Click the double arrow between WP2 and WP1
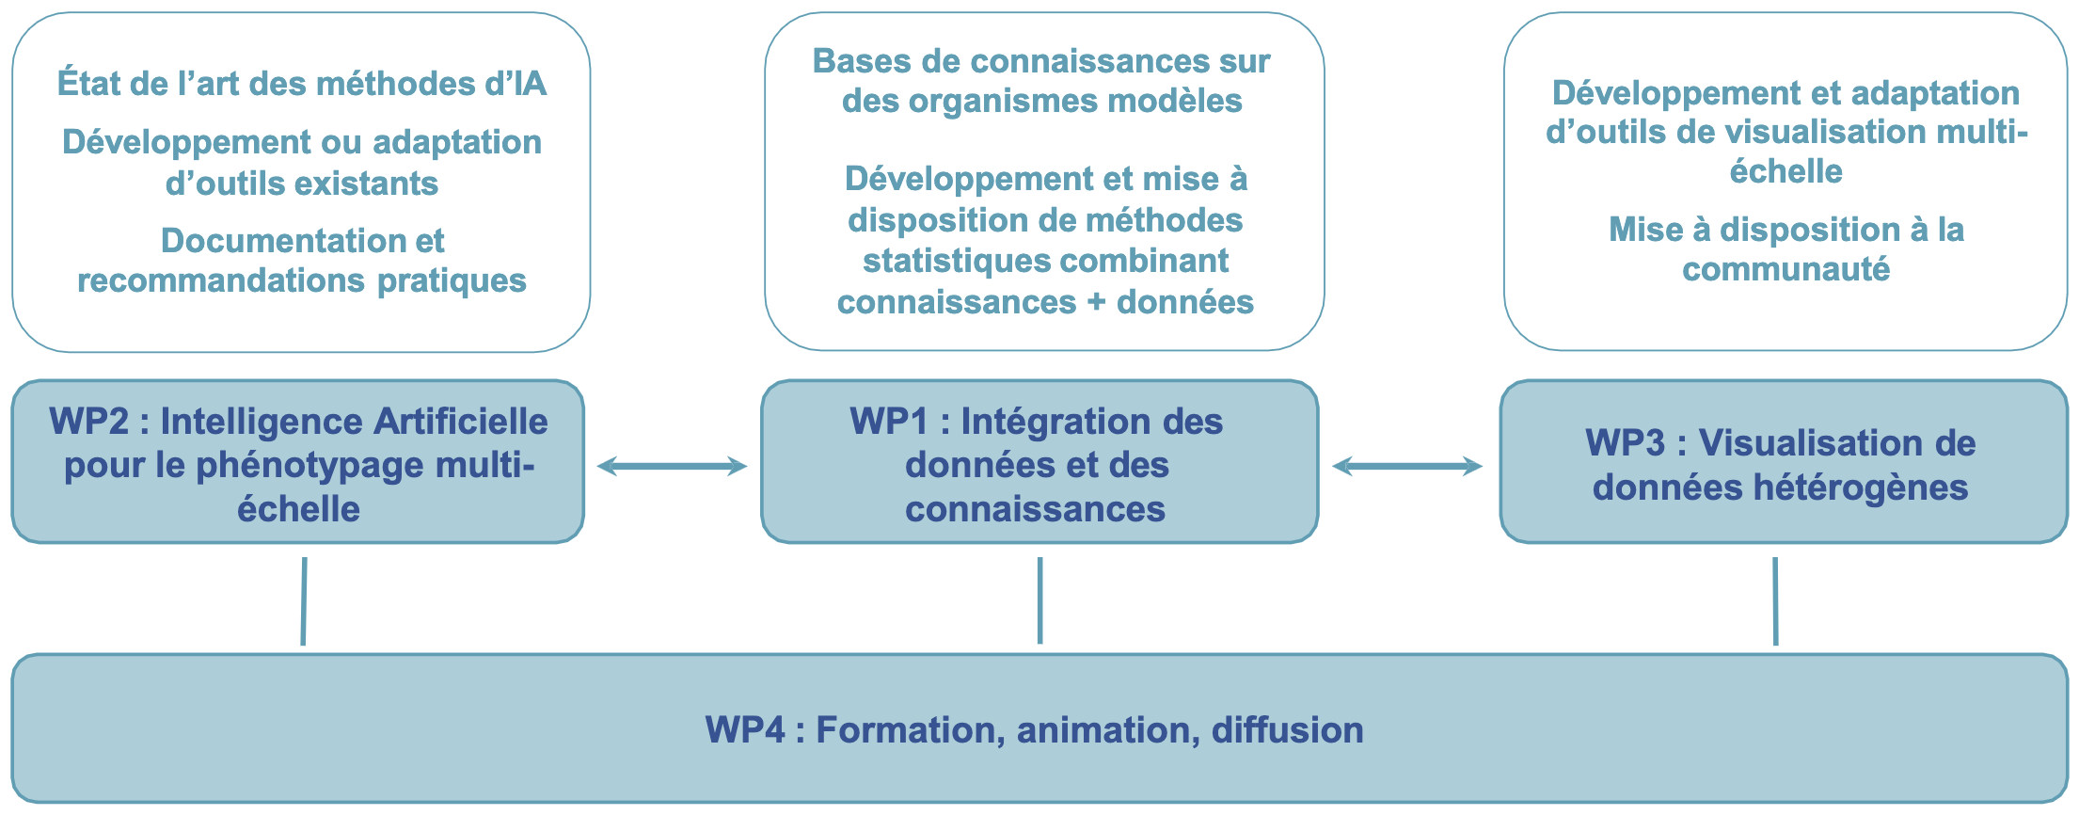[672, 465]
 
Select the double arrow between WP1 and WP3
[1407, 465]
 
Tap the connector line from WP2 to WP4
[304, 601]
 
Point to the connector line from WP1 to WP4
[1039, 600]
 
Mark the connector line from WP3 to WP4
[1775, 601]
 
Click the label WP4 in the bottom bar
[745, 730]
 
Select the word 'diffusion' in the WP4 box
[1288, 730]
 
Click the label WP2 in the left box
[88, 422]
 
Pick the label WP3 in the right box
[1625, 443]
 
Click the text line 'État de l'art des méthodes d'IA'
[302, 84]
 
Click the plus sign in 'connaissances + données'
[1097, 303]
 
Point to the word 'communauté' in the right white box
[1786, 270]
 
